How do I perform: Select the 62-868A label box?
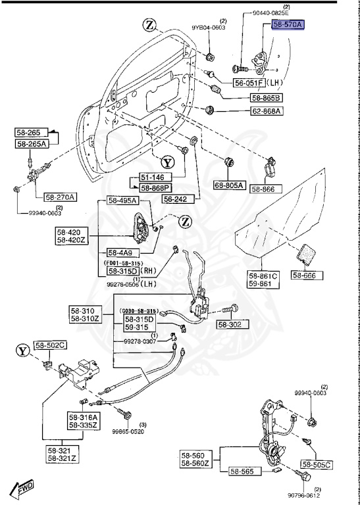click(266, 111)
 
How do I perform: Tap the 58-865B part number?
click(266, 98)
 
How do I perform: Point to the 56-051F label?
click(249, 84)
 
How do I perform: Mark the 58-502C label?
click(51, 344)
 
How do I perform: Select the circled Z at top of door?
click(149, 26)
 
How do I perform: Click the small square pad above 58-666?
click(307, 254)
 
